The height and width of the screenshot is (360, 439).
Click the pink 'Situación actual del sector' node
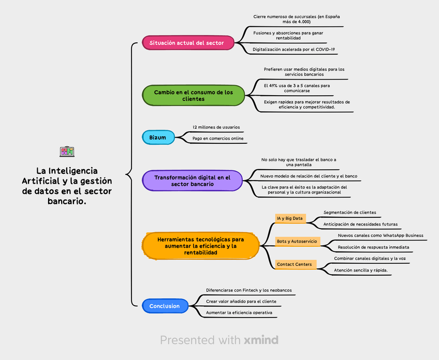click(x=186, y=43)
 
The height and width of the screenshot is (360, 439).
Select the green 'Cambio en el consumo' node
click(x=193, y=95)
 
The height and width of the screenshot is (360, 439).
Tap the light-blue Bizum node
click(x=157, y=138)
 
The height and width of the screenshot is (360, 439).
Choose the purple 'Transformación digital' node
click(x=192, y=181)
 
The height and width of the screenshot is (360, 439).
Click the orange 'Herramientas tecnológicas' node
click(x=201, y=246)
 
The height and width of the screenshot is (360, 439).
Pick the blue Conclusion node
click(x=164, y=306)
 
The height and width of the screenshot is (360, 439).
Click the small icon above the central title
click(x=67, y=152)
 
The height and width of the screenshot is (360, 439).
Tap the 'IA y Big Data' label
click(x=290, y=218)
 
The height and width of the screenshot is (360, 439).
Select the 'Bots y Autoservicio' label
click(x=298, y=242)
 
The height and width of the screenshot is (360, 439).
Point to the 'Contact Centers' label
click(x=294, y=264)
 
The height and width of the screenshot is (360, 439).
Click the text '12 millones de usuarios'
click(x=216, y=127)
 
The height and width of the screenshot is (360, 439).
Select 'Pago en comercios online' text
click(x=217, y=139)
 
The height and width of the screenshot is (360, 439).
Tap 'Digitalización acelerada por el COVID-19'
click(x=294, y=50)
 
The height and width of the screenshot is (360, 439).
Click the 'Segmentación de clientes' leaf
click(x=349, y=213)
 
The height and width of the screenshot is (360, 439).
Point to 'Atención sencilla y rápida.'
click(x=360, y=271)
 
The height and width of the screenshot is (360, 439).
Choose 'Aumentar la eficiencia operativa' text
click(x=239, y=313)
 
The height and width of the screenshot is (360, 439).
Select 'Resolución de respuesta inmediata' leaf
click(x=373, y=247)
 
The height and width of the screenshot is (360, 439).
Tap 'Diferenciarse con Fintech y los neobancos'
click(x=249, y=290)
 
